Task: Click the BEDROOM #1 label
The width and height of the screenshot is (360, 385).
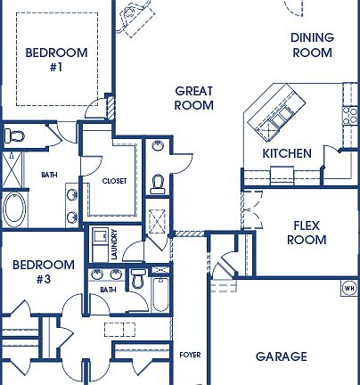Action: coord(56,60)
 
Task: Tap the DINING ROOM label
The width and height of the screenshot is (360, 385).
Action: coord(312,45)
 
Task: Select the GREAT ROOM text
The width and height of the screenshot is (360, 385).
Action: coord(193,98)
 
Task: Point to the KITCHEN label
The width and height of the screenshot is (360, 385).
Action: coord(287,153)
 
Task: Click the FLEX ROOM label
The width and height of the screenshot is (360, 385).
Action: coord(306,233)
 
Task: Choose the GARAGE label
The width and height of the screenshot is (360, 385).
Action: coord(281,356)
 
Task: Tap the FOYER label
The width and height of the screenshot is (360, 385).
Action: coord(190,354)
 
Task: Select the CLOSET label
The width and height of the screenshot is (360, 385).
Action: coord(114,181)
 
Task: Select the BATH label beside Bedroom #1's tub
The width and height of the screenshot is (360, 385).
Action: coord(49,175)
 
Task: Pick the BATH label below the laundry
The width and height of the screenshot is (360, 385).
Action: coord(108,290)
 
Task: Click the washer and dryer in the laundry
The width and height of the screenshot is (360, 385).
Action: coord(101,243)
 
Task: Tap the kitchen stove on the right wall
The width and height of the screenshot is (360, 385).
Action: coord(348,112)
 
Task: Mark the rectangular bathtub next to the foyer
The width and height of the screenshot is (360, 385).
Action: coord(160,294)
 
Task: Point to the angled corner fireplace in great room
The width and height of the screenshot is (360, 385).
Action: coord(139,15)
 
